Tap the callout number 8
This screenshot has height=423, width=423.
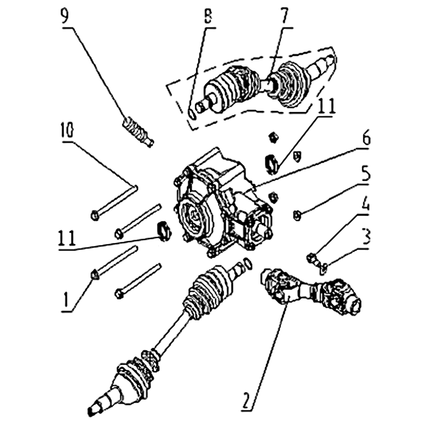[208, 16]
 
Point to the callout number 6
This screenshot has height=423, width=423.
[366, 137]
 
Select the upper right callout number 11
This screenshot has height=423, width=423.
[326, 106]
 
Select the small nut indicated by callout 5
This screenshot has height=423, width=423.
[297, 216]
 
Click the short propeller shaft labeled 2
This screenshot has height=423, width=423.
[311, 292]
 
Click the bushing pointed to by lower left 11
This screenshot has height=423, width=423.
[163, 230]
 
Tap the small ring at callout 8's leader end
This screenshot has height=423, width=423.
[191, 114]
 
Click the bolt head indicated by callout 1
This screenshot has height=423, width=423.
[95, 274]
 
